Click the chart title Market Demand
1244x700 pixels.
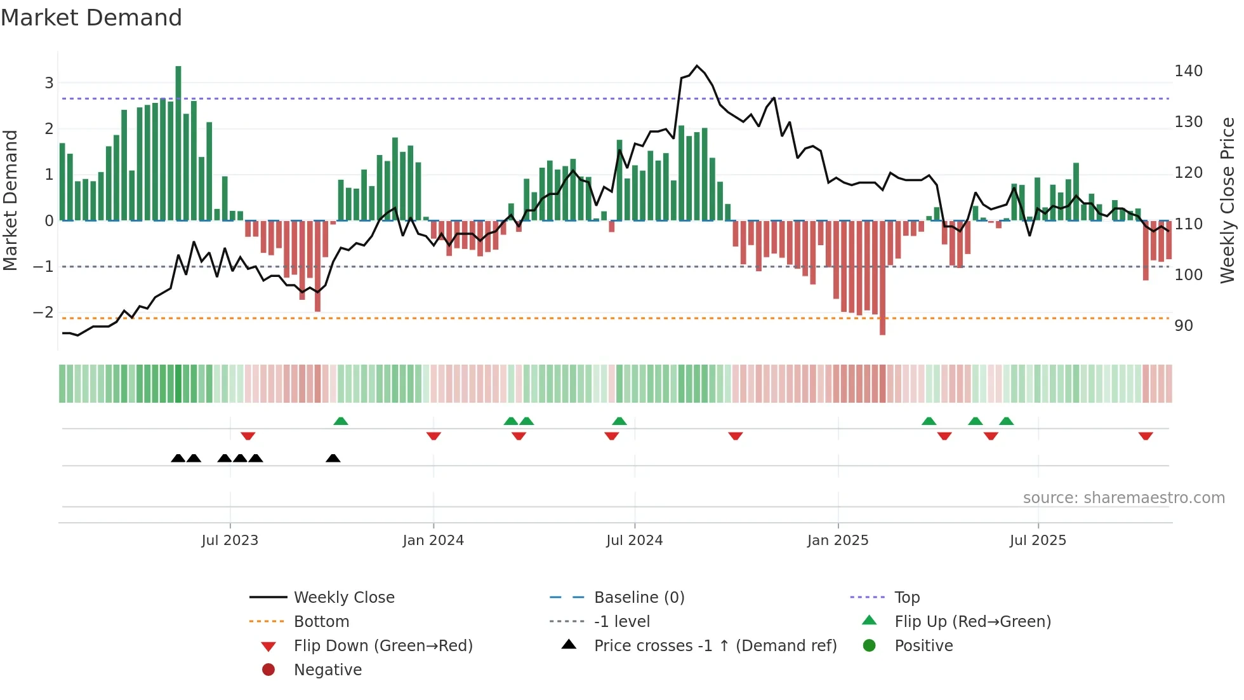pyautogui.click(x=91, y=18)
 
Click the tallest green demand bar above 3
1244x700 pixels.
pyautogui.click(x=178, y=143)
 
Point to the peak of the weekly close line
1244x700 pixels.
pyautogui.click(x=697, y=66)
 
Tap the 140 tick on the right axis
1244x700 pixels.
pyautogui.click(x=1188, y=71)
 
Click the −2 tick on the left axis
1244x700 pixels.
pyautogui.click(x=43, y=313)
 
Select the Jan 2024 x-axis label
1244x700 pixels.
pyautogui.click(x=433, y=541)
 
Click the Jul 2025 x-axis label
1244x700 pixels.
pyautogui.click(x=1038, y=541)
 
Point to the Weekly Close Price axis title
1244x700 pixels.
pyautogui.click(x=1227, y=200)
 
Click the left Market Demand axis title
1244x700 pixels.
pyautogui.click(x=10, y=200)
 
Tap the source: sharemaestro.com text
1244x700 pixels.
pyautogui.click(x=1123, y=498)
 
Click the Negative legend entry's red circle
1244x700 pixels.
pyautogui.click(x=268, y=670)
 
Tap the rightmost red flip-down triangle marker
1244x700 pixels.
pyautogui.click(x=1146, y=436)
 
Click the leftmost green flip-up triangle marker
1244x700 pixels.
pyautogui.click(x=341, y=421)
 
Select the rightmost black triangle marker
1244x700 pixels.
pyautogui.click(x=333, y=458)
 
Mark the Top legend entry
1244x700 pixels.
pyautogui.click(x=907, y=598)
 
